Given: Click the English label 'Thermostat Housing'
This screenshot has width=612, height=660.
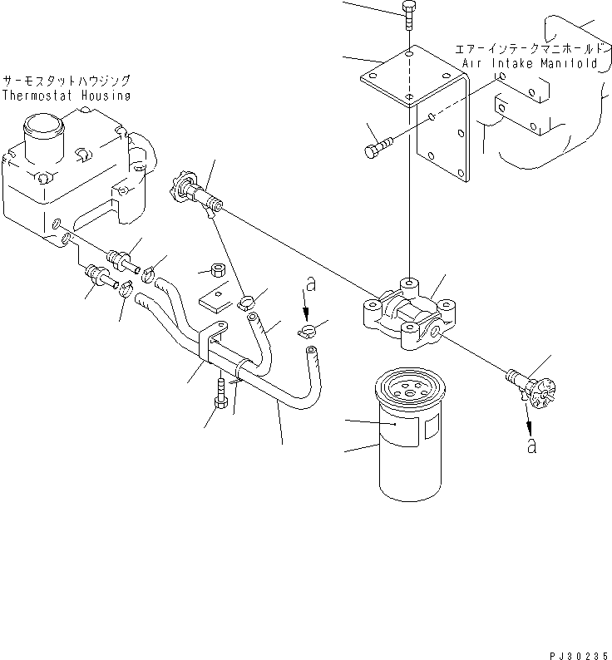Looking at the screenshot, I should [67, 96].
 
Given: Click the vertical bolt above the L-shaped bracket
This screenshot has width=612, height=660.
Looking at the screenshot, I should [408, 16].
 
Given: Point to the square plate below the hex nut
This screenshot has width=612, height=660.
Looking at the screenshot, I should [213, 290].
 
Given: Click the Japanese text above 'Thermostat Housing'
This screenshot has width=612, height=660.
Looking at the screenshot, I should [66, 81].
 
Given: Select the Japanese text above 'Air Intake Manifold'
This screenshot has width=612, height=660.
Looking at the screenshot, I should [526, 48].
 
